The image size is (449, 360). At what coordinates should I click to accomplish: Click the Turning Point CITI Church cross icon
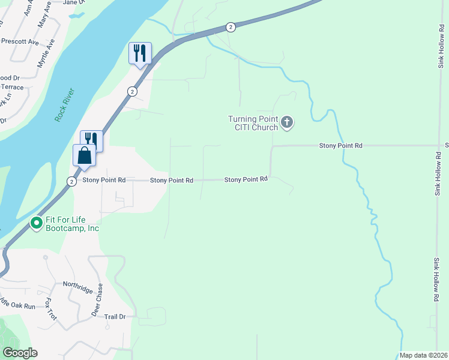[x=287, y=123]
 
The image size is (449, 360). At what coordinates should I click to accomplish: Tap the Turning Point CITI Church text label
[x=253, y=123]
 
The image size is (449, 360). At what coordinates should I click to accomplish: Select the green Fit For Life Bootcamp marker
[x=36, y=223]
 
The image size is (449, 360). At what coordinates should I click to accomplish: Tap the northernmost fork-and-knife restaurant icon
[x=140, y=53]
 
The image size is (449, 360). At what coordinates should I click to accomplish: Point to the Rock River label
[x=64, y=105]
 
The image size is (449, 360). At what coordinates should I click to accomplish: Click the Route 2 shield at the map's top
[x=231, y=27]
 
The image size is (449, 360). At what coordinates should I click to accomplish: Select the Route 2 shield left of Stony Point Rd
[x=71, y=181]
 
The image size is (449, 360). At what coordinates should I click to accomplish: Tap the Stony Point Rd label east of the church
[x=340, y=146]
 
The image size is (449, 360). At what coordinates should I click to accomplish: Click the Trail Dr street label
[x=114, y=316]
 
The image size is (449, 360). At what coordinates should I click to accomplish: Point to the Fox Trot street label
[x=50, y=309]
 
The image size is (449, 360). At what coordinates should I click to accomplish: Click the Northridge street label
[x=78, y=287]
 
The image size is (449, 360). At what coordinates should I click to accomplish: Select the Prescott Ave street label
[x=20, y=43]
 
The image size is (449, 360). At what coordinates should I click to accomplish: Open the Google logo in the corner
[x=20, y=353]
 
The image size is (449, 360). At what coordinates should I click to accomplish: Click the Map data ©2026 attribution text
[x=423, y=355]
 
